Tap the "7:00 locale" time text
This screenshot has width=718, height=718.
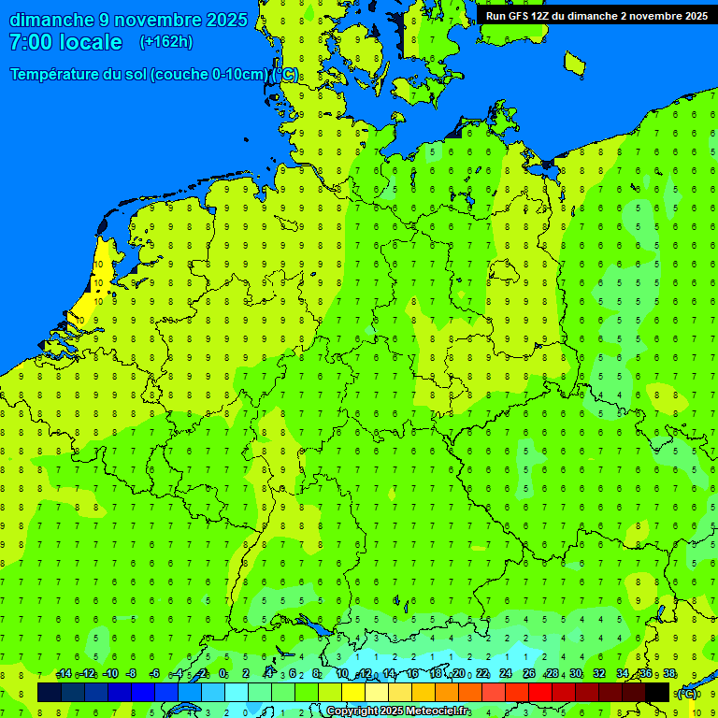tap(65, 42)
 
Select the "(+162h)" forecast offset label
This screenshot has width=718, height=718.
tap(165, 42)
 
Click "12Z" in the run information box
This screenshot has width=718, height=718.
tap(543, 16)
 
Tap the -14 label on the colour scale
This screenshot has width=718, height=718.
tap(64, 674)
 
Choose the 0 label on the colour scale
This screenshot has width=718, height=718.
tap(223, 674)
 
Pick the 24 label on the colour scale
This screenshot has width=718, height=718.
tap(506, 674)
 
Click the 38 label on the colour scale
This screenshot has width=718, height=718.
tap(669, 674)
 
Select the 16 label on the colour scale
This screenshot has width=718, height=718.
tap(412, 674)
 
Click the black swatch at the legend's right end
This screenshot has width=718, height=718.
tap(657, 692)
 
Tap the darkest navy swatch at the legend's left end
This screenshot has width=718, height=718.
tap(50, 692)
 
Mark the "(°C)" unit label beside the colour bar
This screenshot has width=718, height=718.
tap(687, 693)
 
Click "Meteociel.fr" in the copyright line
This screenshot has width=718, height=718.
tap(431, 711)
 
